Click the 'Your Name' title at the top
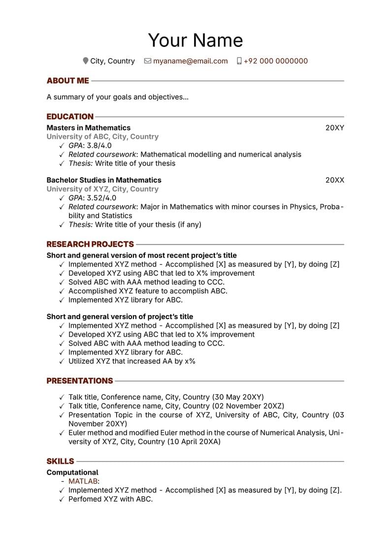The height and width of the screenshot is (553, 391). click(195, 40)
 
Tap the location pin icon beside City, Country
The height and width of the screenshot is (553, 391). click(86, 61)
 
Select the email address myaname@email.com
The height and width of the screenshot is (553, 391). click(190, 61)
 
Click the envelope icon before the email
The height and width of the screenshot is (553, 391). click(147, 61)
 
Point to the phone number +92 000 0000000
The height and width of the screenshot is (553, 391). click(275, 61)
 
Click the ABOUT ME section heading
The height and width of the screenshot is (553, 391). click(68, 81)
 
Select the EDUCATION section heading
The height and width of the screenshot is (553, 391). click(70, 117)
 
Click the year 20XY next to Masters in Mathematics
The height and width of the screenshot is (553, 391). click(334, 128)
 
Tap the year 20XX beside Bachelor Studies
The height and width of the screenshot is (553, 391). click(334, 180)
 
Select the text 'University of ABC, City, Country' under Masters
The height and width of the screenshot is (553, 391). click(102, 137)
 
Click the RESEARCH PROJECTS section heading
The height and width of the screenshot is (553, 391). click(90, 244)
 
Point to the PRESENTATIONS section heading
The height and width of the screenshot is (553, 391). click(80, 381)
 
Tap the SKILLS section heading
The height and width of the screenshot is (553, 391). click(60, 461)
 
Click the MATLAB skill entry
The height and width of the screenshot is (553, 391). click(83, 482)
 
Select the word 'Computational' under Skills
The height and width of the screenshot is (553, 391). click(72, 473)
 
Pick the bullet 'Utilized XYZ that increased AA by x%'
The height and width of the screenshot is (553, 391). click(131, 361)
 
